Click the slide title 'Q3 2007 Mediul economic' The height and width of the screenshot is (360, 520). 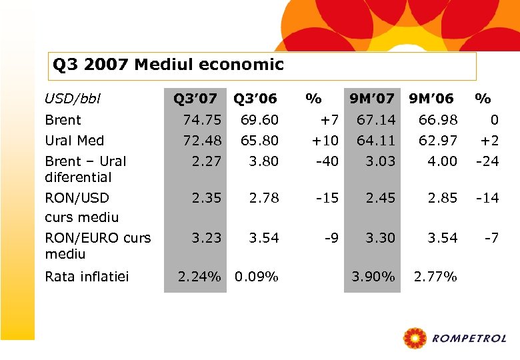coord(168,65)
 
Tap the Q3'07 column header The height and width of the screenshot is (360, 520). coord(195,99)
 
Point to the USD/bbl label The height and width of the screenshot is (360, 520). coord(73,99)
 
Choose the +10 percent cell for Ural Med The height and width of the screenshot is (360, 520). coord(325,141)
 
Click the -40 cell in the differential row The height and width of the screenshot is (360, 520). coord(326,161)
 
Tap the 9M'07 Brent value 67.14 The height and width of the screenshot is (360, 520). coord(376,120)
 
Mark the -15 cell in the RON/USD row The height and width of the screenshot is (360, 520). coord(326,198)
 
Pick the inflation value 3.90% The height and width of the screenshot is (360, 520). coord(373,276)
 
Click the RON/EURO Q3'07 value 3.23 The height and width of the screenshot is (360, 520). coord(205,238)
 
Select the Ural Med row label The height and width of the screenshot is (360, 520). coord(75,141)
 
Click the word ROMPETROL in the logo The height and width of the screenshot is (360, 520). coord(469,339)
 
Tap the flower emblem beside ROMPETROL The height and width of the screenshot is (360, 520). coord(415,338)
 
